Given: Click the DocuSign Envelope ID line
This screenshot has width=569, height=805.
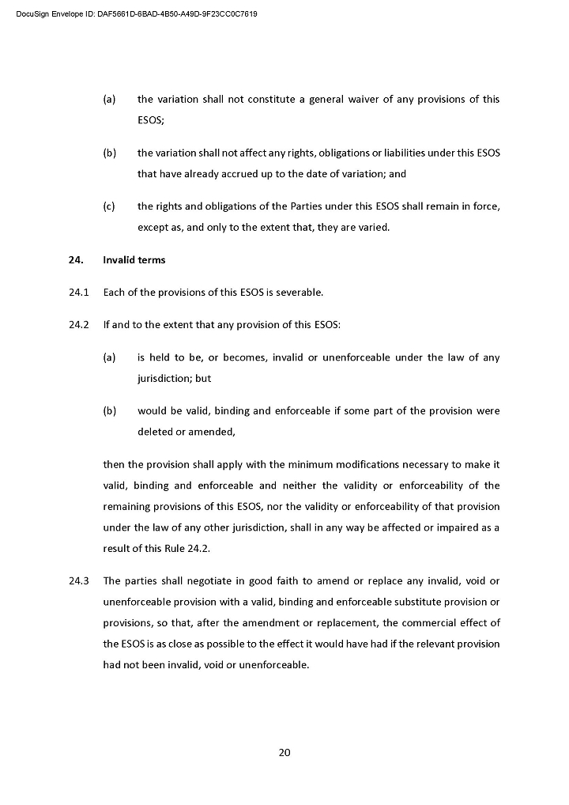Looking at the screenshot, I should [x=136, y=14].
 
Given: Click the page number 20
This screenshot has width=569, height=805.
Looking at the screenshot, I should [x=284, y=752].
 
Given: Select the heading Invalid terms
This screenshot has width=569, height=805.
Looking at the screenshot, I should [x=134, y=260].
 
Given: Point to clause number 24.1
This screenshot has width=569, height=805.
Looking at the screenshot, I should [x=80, y=293].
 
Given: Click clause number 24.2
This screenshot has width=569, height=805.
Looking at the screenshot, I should [x=80, y=325].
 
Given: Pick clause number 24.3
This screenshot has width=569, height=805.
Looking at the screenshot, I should [x=80, y=581].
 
